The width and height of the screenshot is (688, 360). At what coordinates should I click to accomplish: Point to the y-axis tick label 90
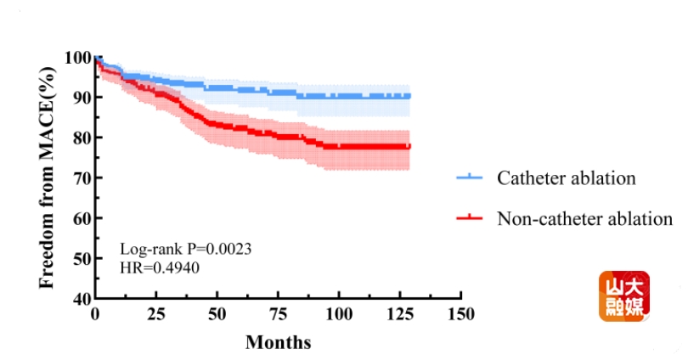coord(80,97)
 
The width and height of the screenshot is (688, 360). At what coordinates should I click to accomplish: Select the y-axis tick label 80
coord(80,137)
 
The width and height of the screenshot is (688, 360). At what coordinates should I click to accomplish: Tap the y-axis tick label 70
coord(80,177)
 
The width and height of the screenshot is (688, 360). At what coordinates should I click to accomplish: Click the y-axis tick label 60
coord(80,217)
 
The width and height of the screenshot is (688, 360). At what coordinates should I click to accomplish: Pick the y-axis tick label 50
coord(80,258)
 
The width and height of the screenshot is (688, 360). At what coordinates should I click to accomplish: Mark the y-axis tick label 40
coord(80,298)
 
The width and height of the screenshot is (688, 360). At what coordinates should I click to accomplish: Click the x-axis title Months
coord(278,343)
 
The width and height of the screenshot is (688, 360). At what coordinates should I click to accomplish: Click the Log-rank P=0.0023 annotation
coord(185,250)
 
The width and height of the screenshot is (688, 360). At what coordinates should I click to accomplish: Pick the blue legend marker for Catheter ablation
coord(470,177)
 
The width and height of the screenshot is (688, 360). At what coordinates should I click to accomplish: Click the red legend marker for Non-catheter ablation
coord(470,218)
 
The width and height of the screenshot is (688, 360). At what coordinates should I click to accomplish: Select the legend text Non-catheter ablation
coord(585,218)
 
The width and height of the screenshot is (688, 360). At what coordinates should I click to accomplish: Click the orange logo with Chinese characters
coord(623,295)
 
